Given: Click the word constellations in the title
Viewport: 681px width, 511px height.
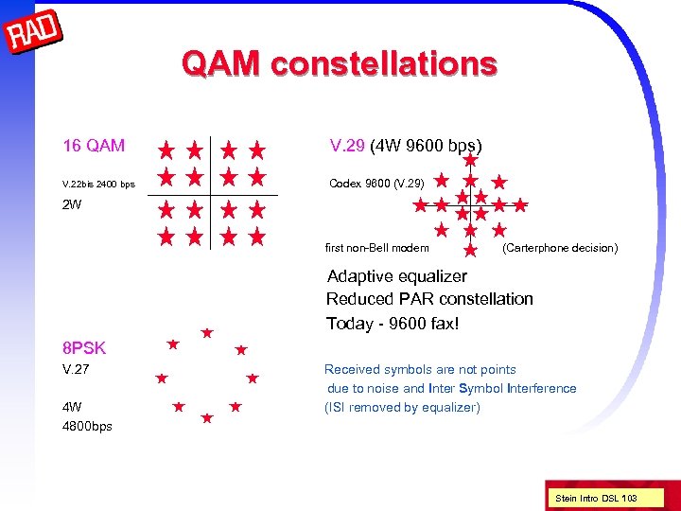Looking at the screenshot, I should (x=383, y=63).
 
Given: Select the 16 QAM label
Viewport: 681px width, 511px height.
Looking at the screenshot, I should (x=93, y=146).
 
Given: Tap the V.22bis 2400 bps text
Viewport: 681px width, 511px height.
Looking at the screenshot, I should (x=98, y=183).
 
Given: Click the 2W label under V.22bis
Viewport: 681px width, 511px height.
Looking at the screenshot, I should (x=72, y=204).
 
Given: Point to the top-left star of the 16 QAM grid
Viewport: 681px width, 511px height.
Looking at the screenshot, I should (x=166, y=150).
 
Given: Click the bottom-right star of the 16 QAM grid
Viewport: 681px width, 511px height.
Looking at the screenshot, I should (x=256, y=237).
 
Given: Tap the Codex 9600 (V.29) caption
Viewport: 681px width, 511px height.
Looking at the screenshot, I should (x=376, y=182).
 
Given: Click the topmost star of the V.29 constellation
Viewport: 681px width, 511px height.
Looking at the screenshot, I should (x=470, y=160).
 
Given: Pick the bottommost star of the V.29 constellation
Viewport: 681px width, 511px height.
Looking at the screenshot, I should (x=470, y=250).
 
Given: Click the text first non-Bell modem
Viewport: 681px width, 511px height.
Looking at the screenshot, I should (x=376, y=248).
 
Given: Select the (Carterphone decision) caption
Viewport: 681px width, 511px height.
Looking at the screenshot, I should (x=560, y=248).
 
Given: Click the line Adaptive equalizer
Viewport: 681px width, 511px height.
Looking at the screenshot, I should (x=396, y=276).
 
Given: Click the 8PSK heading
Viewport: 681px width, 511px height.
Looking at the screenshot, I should (x=84, y=347).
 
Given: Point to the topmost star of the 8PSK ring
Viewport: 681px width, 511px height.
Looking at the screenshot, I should (x=206, y=333).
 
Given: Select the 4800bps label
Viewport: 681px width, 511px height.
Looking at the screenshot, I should (x=87, y=426).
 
